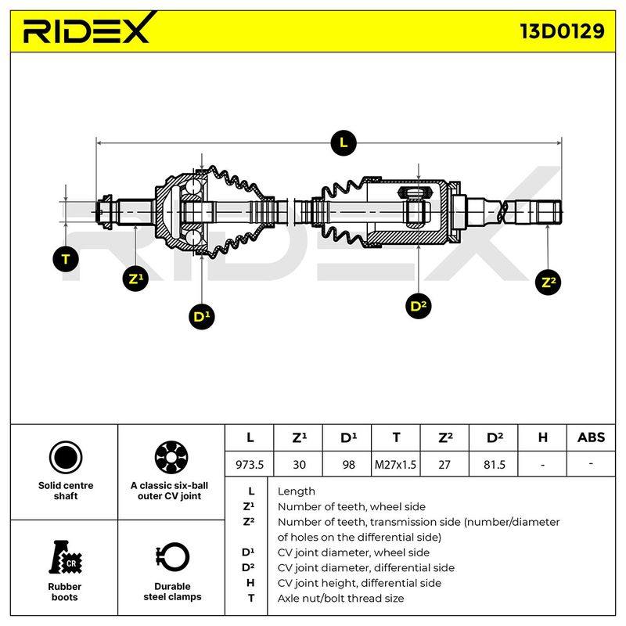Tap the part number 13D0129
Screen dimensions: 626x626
tap(562, 31)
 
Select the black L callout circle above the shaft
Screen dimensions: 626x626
tap(344, 143)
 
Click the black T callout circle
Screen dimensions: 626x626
tap(66, 259)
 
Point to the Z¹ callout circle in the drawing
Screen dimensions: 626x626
tap(135, 279)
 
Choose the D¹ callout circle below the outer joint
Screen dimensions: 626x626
tap(202, 317)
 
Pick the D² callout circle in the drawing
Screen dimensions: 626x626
tap(419, 306)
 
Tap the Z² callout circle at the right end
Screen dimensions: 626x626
tap(549, 282)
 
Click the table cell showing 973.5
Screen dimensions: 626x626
tap(250, 464)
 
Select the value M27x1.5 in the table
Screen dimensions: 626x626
tap(395, 464)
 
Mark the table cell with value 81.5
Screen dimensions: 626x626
tap(495, 464)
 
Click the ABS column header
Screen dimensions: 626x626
tap(591, 437)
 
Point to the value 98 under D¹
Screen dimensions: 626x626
tap(348, 464)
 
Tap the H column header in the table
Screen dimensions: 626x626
tap(542, 437)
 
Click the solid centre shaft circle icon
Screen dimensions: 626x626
tap(66, 458)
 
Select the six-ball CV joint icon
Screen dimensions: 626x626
tap(171, 458)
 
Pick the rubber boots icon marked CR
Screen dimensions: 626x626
tap(65, 557)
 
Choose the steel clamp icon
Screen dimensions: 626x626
tap(171, 558)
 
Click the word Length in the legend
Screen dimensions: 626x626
tap(297, 491)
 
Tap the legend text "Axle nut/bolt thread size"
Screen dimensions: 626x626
tap(340, 599)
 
